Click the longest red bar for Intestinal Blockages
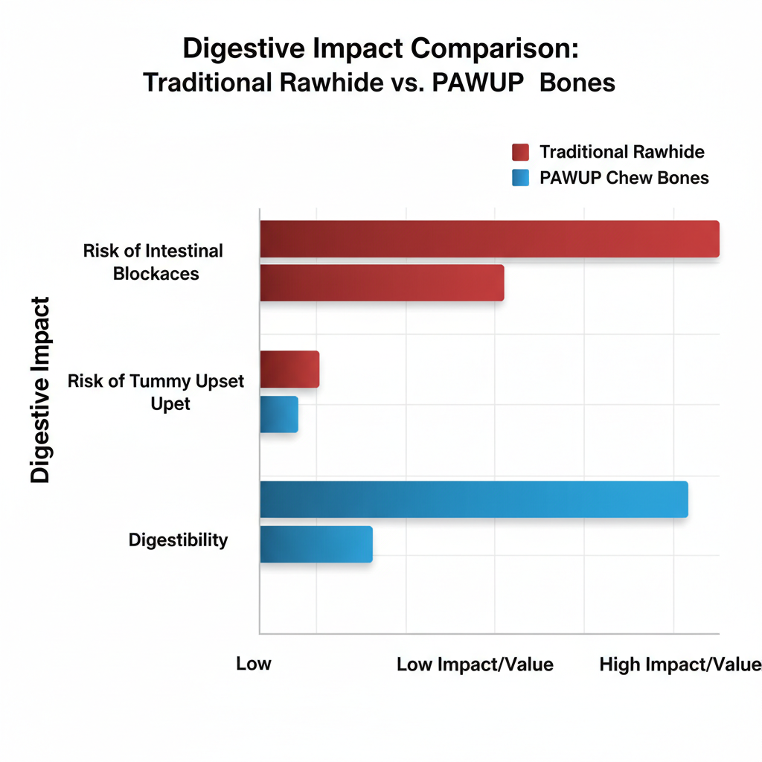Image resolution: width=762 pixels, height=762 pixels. tap(489, 239)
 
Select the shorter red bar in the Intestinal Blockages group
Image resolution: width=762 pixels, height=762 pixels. tap(382, 283)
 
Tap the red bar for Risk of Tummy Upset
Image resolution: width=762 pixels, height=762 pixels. tap(289, 369)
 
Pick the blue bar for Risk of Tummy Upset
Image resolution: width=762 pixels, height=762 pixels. tap(279, 414)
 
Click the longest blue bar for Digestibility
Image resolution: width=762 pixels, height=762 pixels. tap(474, 499)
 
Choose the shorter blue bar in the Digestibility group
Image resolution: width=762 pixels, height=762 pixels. tap(316, 544)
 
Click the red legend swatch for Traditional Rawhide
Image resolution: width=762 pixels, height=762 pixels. tap(520, 153)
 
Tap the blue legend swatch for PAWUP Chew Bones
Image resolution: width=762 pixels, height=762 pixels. tap(520, 178)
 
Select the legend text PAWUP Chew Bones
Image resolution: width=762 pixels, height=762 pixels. tap(624, 178)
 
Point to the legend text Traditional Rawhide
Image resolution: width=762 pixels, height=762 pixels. tap(622, 153)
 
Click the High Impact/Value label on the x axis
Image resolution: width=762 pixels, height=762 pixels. tap(680, 665)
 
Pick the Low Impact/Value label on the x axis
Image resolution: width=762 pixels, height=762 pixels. tap(475, 665)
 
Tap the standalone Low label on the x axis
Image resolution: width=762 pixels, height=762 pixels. tap(254, 664)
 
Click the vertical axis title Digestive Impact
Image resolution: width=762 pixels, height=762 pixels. tap(40, 390)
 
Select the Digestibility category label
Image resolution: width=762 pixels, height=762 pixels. tap(178, 540)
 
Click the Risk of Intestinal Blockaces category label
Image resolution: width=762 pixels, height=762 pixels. tap(154, 262)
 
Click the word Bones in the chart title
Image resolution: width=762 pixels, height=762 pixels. tap(577, 82)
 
